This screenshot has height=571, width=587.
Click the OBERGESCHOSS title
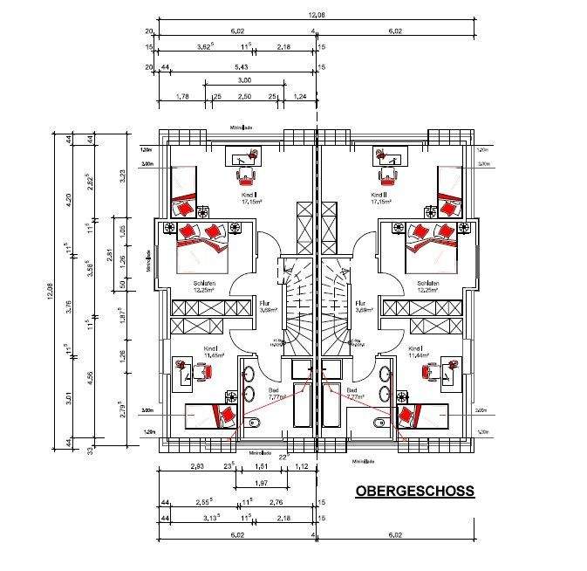coord(414,492)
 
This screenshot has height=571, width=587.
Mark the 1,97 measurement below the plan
coord(259,485)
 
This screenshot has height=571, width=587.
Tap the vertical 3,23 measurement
coord(122,175)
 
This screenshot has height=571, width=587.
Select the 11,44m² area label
coord(419,356)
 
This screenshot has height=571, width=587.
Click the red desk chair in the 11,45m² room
coord(202,373)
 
